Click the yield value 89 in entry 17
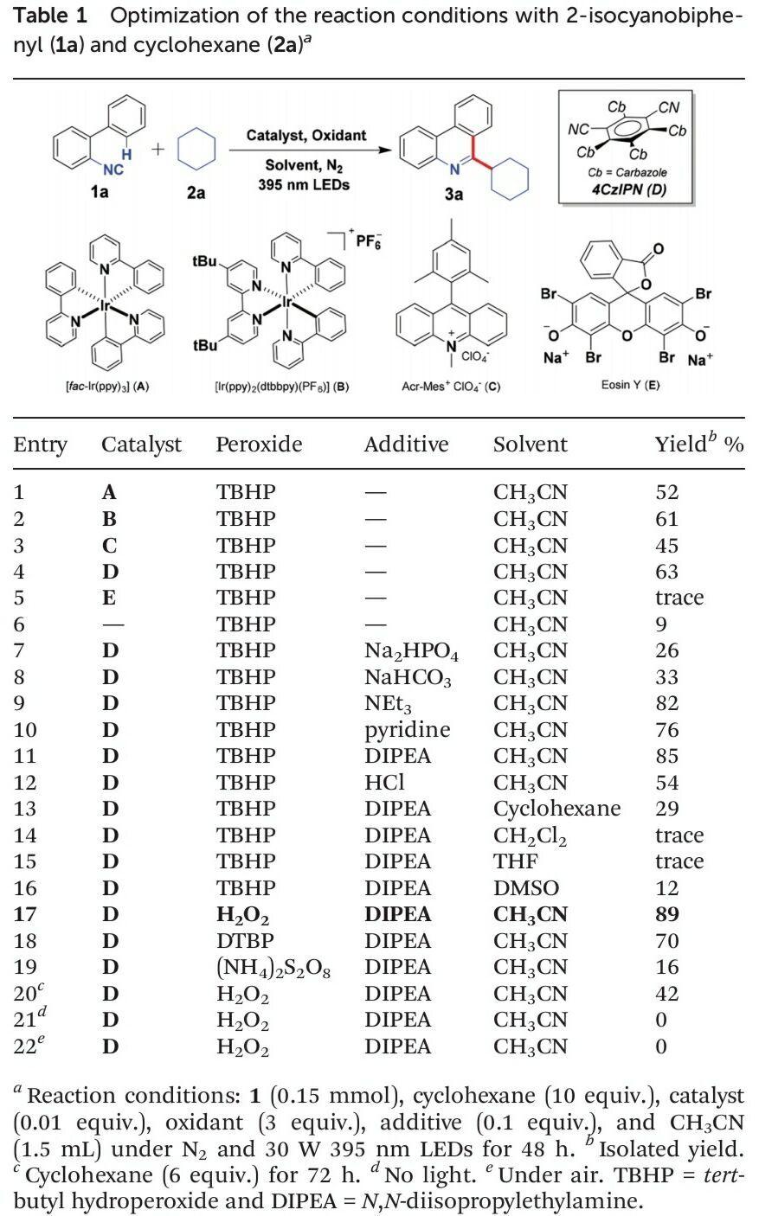[666, 914]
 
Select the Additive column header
[406, 444]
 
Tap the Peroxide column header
[259, 444]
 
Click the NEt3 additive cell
[388, 704]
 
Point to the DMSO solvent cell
[526, 888]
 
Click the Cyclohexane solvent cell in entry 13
[556, 809]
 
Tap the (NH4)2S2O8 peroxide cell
[273, 968]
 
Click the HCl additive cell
[384, 782]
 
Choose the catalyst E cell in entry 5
[109, 598]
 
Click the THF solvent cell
[516, 861]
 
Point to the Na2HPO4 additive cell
[411, 651]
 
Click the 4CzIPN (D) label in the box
[628, 189]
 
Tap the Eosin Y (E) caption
[630, 385]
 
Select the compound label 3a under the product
[453, 193]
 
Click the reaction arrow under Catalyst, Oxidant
[310, 150]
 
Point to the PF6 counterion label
[369, 240]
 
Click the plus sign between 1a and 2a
[158, 149]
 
